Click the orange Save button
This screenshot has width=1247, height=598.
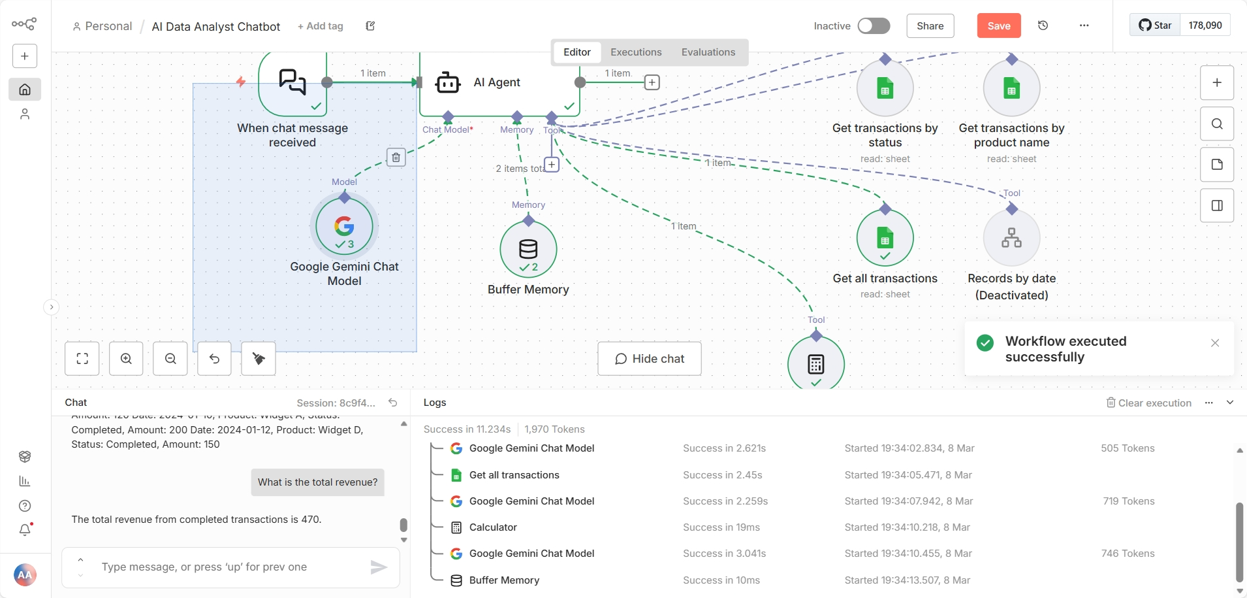(x=998, y=26)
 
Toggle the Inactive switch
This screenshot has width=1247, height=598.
(x=874, y=26)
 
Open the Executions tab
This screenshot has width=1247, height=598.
(x=635, y=52)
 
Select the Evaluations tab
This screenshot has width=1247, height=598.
(x=708, y=52)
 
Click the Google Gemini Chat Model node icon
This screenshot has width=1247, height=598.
(x=344, y=227)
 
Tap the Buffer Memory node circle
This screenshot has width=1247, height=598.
(x=528, y=250)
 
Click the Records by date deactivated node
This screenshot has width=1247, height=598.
(x=1011, y=238)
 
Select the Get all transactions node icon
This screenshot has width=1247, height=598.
(x=885, y=238)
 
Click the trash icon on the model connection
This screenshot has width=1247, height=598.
(x=396, y=158)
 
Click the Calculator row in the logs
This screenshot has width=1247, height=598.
(x=493, y=527)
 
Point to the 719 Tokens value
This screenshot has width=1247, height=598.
(x=1128, y=501)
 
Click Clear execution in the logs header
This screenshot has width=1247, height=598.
(x=1148, y=403)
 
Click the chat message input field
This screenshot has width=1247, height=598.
(x=229, y=567)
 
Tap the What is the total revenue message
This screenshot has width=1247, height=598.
(x=317, y=482)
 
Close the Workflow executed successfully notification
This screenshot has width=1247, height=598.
(x=1214, y=343)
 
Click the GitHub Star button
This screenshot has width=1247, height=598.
(x=1155, y=25)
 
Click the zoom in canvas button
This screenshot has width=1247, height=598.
(x=126, y=359)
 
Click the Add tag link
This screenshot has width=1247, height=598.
(x=320, y=26)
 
